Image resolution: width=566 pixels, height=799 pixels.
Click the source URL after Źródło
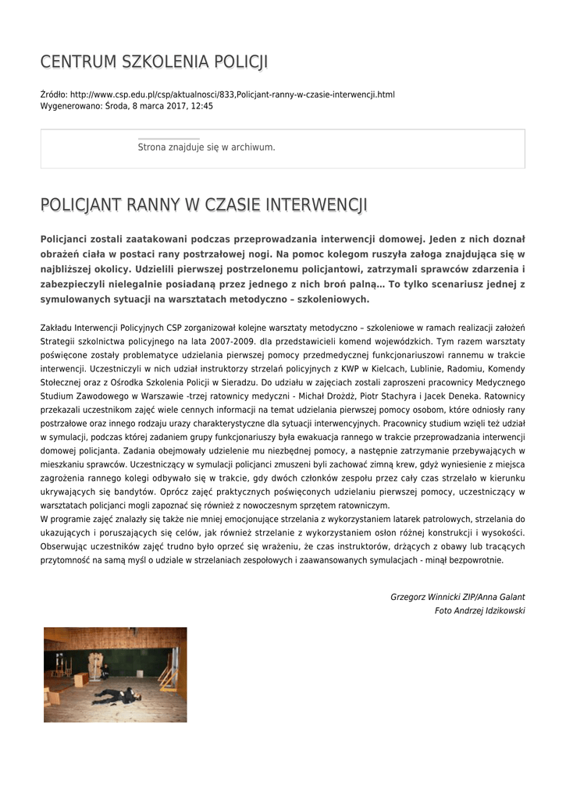(233, 94)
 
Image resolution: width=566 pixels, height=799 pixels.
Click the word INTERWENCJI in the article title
(316, 205)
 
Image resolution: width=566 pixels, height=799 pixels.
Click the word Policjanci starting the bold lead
(69, 239)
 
